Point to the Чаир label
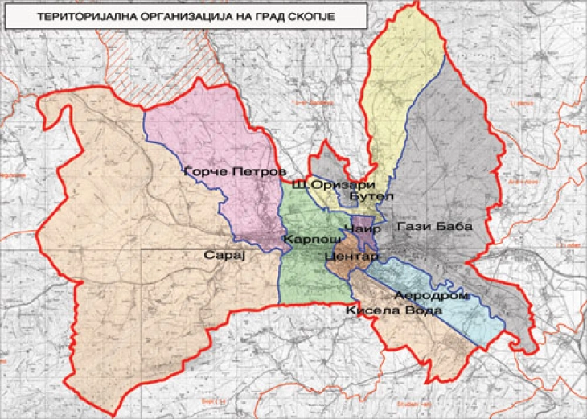363,228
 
